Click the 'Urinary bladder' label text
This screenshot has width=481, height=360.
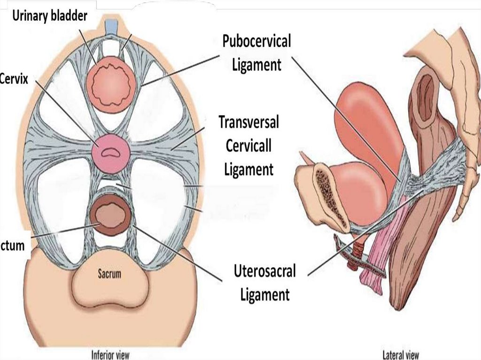coord(50,16)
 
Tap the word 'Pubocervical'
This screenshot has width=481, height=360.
coord(256,42)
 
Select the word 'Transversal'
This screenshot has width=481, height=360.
coord(248,123)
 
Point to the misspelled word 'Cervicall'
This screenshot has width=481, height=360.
coord(248,146)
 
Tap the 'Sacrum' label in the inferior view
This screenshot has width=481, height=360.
coord(109,273)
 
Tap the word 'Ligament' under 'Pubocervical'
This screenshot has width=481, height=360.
coord(256,64)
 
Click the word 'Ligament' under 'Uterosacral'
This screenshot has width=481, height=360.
coord(264,294)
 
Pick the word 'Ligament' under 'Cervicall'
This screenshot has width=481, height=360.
coord(248,169)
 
